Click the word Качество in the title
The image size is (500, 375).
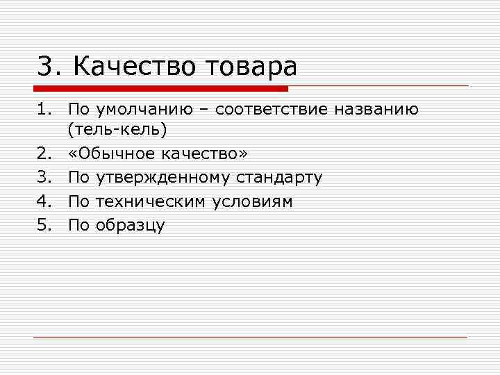[x=135, y=67]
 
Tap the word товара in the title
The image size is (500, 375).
[x=251, y=67]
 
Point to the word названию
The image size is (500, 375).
[x=376, y=110]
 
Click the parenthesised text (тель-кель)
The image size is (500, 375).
[x=117, y=130]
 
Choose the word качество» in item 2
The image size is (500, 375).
[x=206, y=154]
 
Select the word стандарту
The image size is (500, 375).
[x=280, y=178]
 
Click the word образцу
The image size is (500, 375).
[x=131, y=225]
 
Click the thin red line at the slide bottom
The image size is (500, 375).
[x=250, y=337]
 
